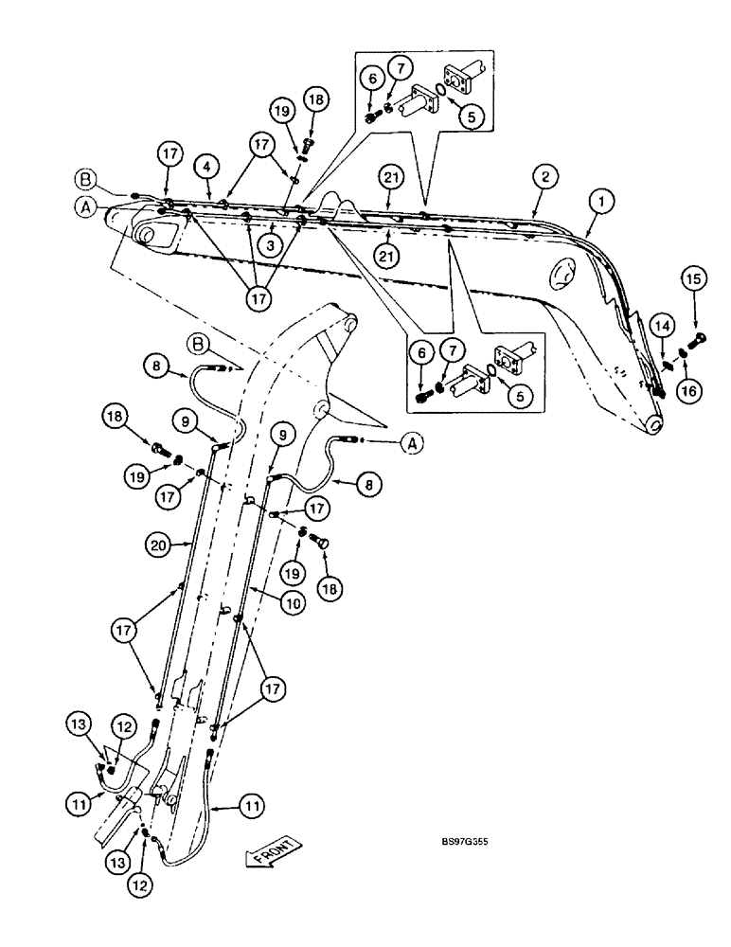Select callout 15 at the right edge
(x=693, y=279)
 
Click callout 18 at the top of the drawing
(x=315, y=98)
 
